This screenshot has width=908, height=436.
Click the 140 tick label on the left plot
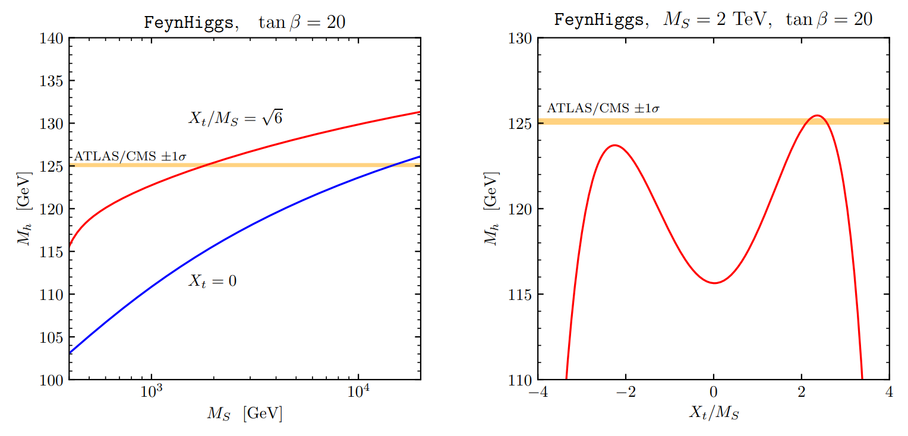coord(52,39)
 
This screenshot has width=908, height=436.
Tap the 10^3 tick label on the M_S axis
coord(153,393)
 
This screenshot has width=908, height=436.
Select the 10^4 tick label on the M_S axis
coord(358,393)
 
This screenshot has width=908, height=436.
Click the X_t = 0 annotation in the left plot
coord(212,281)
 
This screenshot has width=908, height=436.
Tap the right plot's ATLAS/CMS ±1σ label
coord(603,109)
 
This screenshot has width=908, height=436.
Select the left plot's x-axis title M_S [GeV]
coord(244,413)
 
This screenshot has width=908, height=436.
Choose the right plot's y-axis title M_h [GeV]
coord(491,208)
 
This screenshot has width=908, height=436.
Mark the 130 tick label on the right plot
coord(521,39)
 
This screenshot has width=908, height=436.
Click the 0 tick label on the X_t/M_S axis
coord(714,393)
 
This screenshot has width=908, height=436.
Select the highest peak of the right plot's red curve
coord(817,115)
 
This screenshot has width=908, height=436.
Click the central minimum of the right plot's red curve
coord(714,283)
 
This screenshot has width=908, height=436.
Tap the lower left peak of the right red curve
coord(614,145)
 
